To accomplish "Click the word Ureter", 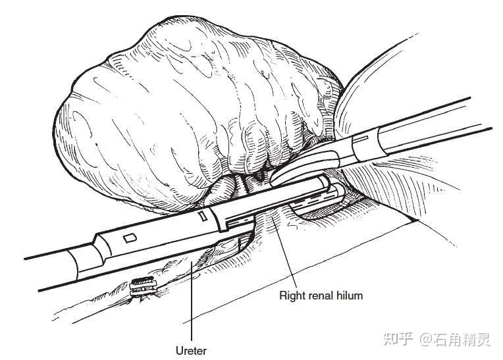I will (x=191, y=350).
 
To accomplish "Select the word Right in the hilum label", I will (x=292, y=296).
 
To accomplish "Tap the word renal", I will (x=321, y=296).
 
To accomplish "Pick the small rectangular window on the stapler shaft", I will (x=130, y=236).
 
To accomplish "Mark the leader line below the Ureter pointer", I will (x=191, y=309).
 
